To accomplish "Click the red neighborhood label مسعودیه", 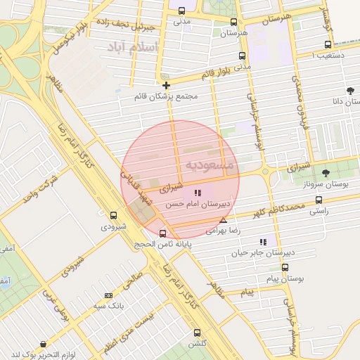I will tap(213, 165).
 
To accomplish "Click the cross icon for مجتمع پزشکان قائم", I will tap(166, 85).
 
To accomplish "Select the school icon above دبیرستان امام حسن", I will tap(198, 192).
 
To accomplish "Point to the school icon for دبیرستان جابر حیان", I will tap(264, 242).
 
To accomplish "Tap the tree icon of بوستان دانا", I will tap(350, 91).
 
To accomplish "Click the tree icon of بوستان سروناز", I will tap(326, 173).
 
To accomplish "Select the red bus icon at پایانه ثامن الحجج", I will tap(163, 233).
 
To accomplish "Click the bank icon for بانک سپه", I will tap(108, 295).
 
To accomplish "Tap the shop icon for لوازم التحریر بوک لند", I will tap(44, 345).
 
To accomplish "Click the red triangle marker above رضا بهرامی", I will tap(224, 220).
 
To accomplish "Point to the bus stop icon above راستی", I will tap(319, 200).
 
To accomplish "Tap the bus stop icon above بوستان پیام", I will tap(285, 267).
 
